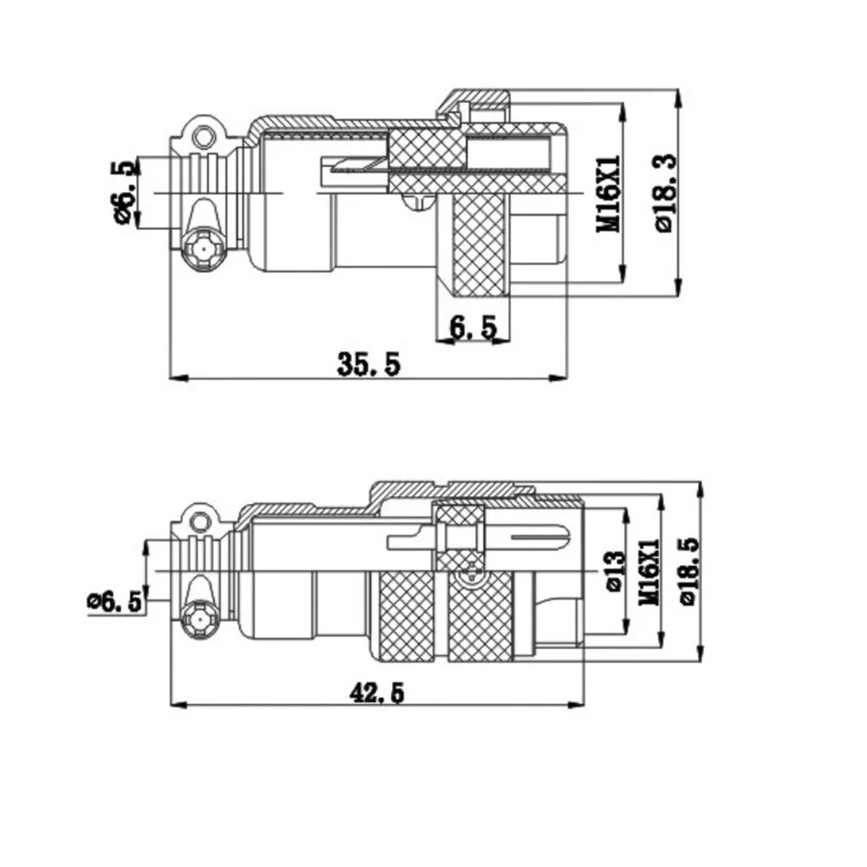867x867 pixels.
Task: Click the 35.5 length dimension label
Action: tap(368, 364)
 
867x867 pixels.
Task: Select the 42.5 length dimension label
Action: tap(376, 692)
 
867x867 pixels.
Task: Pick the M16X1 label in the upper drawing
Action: tap(609, 193)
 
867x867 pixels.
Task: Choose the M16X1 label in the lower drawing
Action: tap(649, 571)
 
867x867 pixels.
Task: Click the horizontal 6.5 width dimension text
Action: tap(473, 327)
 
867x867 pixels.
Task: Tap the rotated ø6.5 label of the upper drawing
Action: tap(124, 193)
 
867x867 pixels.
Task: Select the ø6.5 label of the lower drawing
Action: tap(115, 602)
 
